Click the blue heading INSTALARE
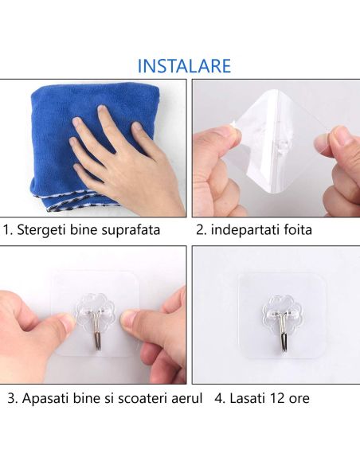point(184,65)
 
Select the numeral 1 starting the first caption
point(7,230)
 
